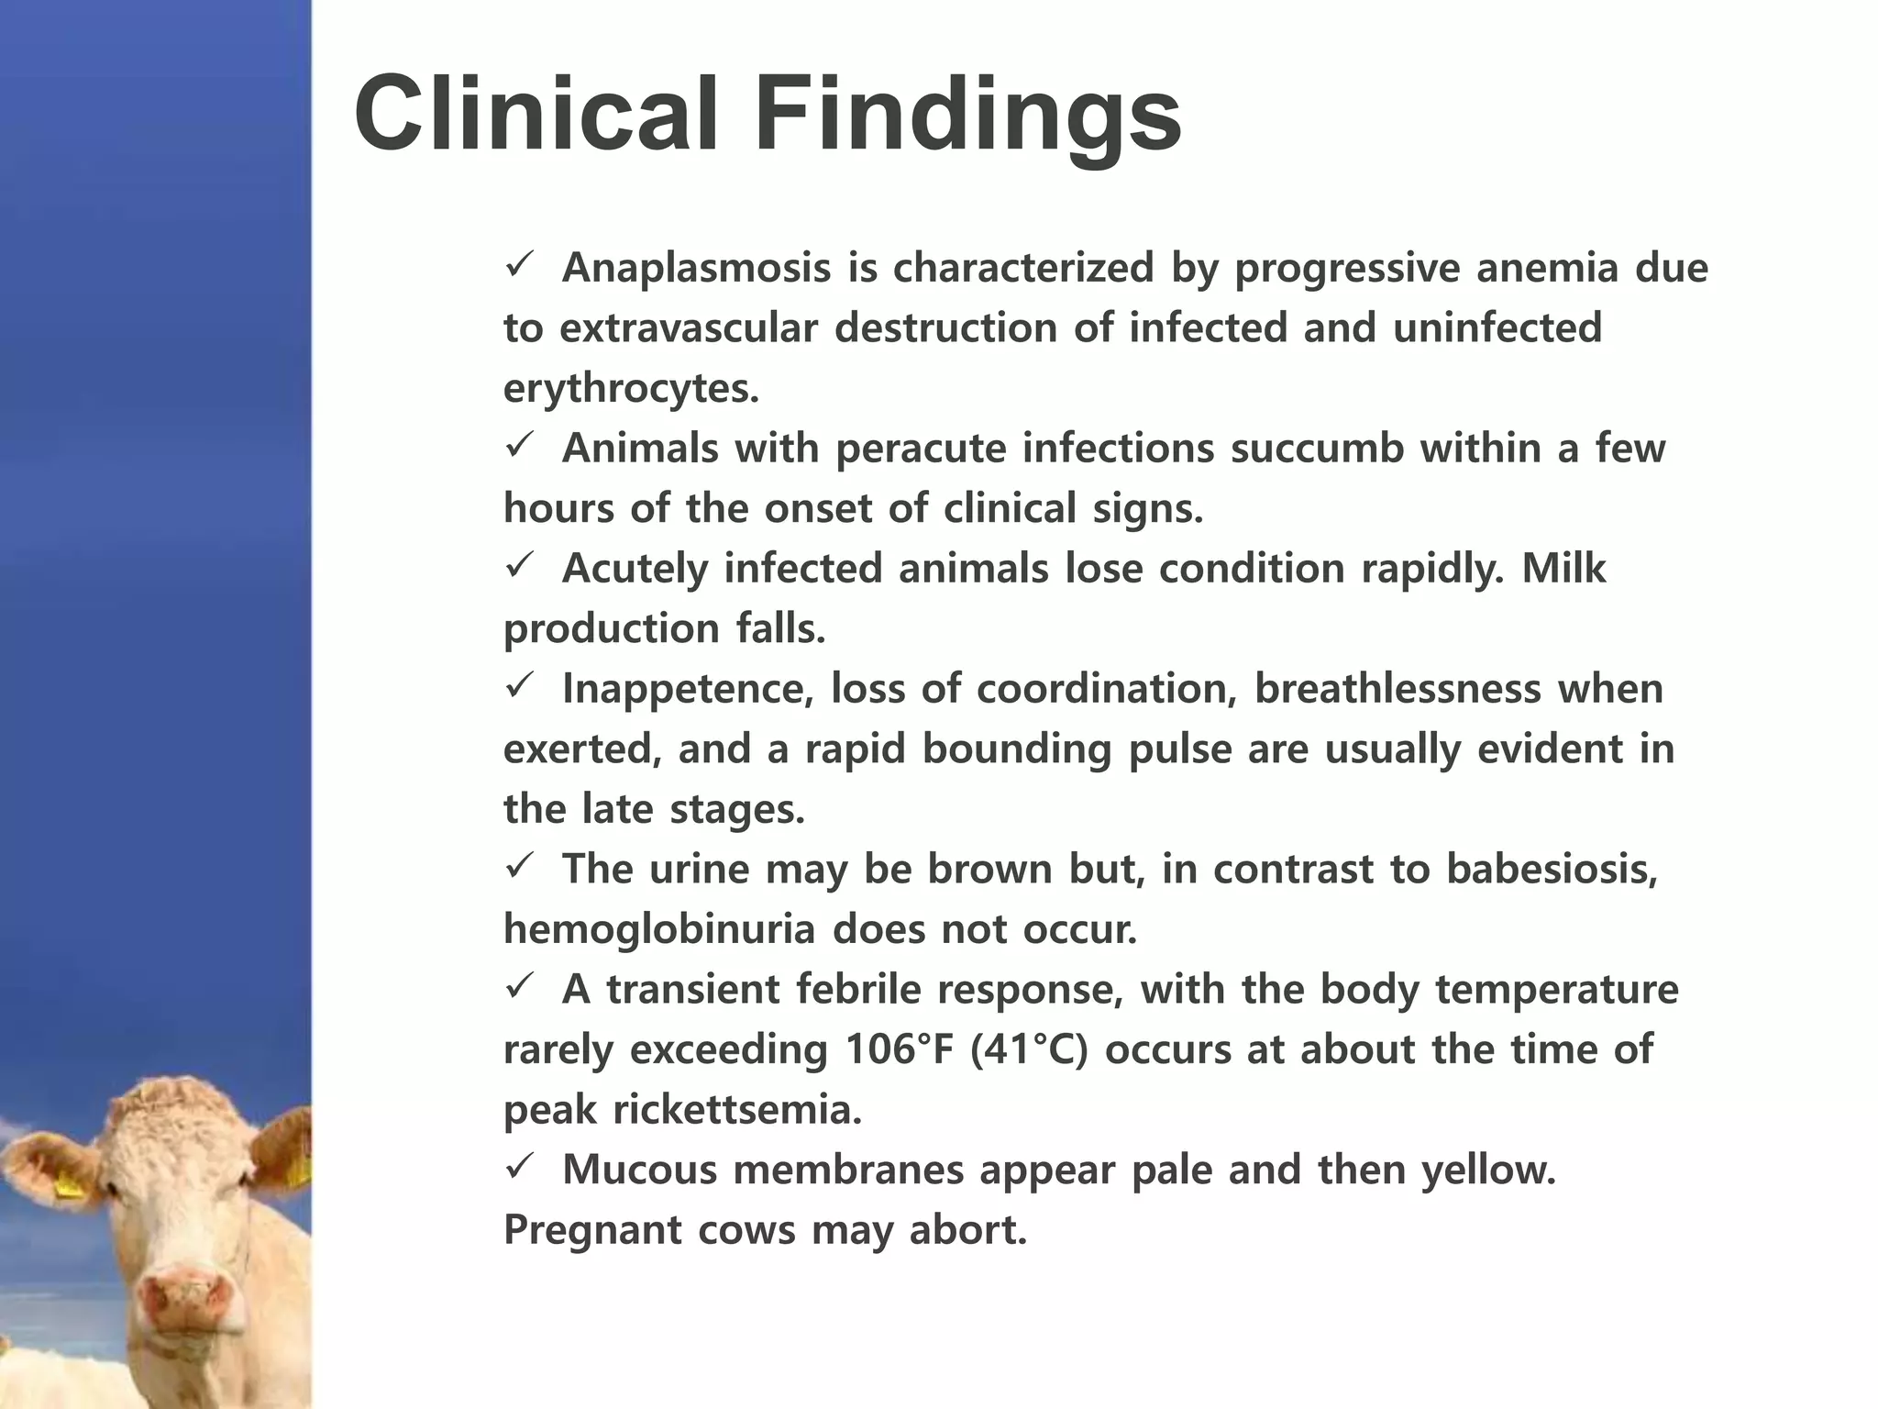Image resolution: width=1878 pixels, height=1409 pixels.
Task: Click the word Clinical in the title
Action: (536, 115)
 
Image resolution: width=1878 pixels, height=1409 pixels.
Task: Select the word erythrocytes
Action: (631, 390)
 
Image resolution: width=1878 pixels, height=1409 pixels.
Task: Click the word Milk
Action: (1563, 569)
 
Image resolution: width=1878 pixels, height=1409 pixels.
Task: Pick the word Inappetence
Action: (688, 690)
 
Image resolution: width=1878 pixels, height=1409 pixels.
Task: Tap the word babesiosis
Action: (1552, 870)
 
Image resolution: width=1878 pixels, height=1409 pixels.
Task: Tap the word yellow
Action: (1488, 1170)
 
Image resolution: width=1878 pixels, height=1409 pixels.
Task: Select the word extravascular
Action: (688, 328)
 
